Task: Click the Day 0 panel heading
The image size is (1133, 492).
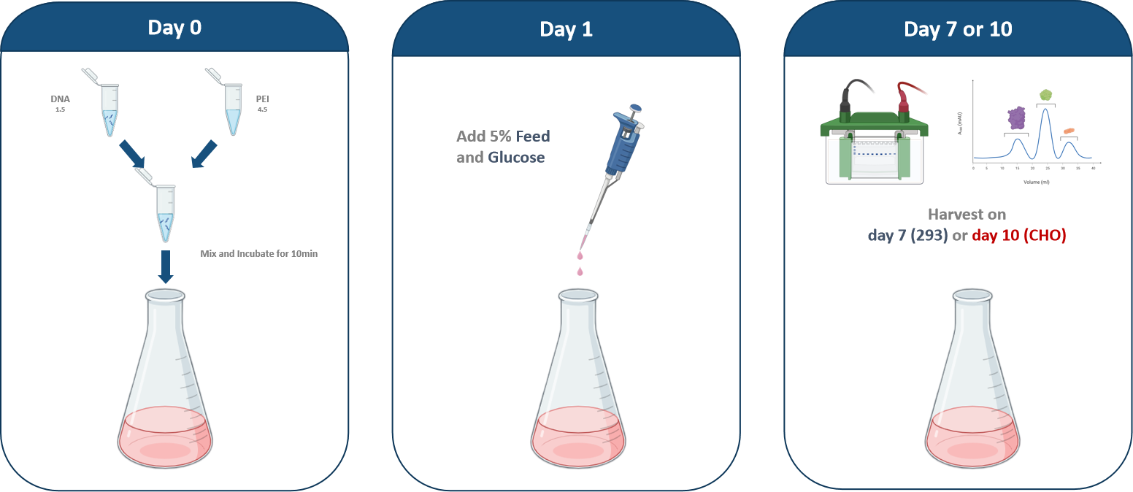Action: coord(174,27)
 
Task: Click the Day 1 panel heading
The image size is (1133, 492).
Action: coord(566,29)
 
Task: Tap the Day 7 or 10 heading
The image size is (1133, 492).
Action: coord(958,29)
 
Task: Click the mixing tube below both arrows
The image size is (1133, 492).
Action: coord(166,212)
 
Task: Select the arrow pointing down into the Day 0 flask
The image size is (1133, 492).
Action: coord(166,266)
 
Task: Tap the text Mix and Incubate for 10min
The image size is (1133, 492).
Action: coord(258,254)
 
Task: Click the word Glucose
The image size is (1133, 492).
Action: coord(516,157)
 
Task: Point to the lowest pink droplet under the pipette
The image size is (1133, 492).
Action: coord(580,272)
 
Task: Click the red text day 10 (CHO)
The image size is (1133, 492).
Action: coord(1019,235)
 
